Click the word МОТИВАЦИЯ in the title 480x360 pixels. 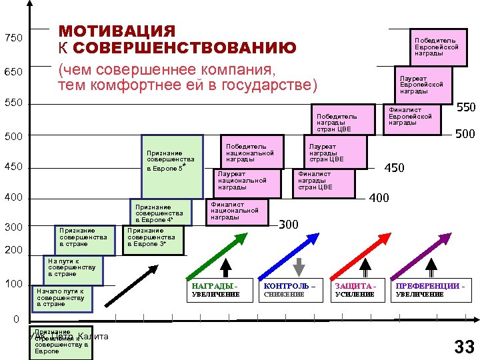click(117, 32)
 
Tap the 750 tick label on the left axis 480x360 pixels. click(13, 38)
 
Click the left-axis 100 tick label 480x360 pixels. click(14, 285)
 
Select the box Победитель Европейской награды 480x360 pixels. click(437, 47)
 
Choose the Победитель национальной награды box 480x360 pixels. click(252, 152)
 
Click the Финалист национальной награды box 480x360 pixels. click(237, 212)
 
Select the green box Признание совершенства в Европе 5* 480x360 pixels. click(172, 166)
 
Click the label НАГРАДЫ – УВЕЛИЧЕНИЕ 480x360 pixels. click(215, 290)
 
